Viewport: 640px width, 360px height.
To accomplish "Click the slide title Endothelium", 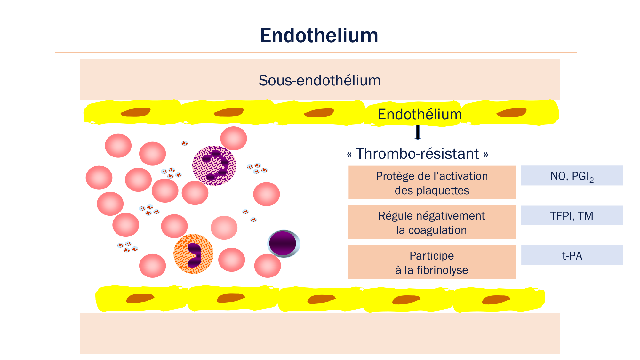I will (319, 35).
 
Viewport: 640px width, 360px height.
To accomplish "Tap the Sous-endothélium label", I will (319, 80).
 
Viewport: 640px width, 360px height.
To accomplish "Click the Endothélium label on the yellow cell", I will (420, 114).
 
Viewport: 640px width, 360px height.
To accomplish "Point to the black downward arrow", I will (418, 132).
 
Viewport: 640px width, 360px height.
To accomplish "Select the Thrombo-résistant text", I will (418, 154).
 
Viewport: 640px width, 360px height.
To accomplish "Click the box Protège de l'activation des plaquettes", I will (432, 183).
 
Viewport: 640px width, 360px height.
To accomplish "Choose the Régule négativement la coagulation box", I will (431, 222).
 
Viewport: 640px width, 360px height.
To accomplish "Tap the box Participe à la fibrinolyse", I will (431, 262).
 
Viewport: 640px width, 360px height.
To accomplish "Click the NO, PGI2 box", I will (572, 176).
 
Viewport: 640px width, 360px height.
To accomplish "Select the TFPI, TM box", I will (572, 216).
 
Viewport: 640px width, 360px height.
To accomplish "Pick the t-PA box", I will (572, 255).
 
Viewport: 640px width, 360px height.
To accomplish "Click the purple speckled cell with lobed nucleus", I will (214, 165).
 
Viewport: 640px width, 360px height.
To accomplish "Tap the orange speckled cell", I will (193, 254).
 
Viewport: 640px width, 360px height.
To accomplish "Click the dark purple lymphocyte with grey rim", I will (284, 244).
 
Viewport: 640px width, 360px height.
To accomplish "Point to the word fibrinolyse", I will (442, 270).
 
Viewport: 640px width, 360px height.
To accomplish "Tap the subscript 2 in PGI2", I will (592, 180).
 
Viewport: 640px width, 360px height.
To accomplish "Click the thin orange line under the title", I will (316, 52).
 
